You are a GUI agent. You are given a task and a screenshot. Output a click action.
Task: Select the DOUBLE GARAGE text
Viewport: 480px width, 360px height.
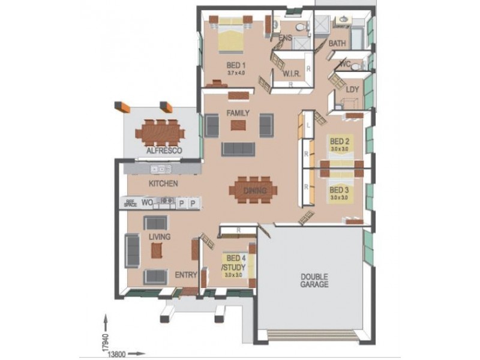[314, 280]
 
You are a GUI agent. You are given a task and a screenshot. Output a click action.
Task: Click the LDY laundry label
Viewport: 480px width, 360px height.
[352, 89]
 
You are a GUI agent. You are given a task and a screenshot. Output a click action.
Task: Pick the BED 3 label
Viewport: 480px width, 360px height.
[340, 188]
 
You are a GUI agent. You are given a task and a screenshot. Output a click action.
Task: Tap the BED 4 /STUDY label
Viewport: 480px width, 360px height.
[232, 262]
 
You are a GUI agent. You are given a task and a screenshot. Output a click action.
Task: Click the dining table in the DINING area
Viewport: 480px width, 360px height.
[253, 190]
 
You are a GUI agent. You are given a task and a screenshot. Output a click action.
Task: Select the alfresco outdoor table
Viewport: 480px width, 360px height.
[160, 131]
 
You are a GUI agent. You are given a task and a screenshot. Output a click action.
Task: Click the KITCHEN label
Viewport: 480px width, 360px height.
[163, 184]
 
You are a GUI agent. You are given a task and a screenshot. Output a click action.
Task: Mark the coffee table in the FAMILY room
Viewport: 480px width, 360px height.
[238, 125]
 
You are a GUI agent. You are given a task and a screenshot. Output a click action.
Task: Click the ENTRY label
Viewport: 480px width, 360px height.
[185, 275]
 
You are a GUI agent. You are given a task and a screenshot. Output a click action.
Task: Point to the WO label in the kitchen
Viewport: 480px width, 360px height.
[147, 203]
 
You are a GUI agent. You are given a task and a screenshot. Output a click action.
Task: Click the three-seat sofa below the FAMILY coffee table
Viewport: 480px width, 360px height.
[238, 148]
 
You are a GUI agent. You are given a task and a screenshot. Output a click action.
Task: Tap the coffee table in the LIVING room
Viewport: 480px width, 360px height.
[157, 250]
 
